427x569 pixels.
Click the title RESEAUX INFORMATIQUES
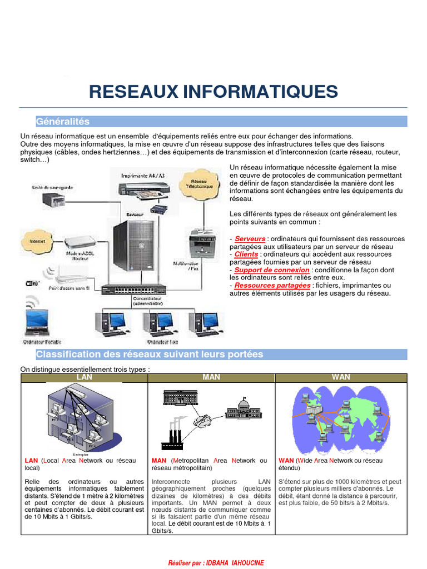click(x=213, y=91)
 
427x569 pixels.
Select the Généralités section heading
click(x=63, y=121)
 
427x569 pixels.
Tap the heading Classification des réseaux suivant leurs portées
click(x=150, y=355)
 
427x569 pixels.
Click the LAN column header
click(x=84, y=377)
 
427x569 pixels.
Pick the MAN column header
click(x=211, y=377)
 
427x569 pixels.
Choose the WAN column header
click(x=341, y=377)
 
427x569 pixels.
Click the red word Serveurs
click(x=250, y=239)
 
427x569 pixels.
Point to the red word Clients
click(x=246, y=254)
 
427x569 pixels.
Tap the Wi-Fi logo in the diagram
click(x=32, y=283)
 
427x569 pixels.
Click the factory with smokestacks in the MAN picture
click(x=172, y=437)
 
